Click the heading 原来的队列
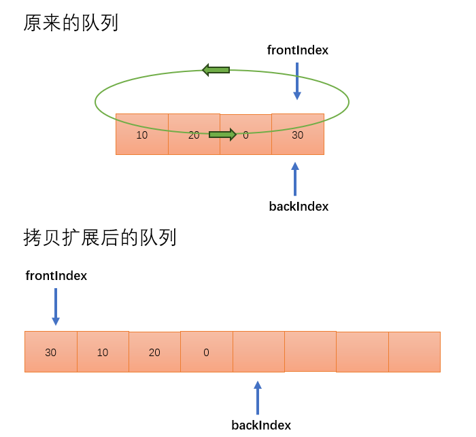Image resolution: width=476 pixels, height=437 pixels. pyautogui.click(x=71, y=23)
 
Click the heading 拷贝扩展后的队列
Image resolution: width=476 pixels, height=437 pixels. pyautogui.click(x=100, y=238)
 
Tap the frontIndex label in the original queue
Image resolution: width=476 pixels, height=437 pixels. pyautogui.click(x=297, y=50)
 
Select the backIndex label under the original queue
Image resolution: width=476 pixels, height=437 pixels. pyautogui.click(x=299, y=207)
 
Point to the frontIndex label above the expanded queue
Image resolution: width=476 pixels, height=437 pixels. pyautogui.click(x=56, y=276)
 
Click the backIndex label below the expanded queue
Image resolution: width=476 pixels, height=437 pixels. pyautogui.click(x=261, y=425)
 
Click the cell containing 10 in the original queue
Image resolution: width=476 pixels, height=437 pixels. pyautogui.click(x=142, y=135)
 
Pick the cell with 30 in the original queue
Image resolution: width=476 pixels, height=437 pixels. pyautogui.click(x=298, y=135)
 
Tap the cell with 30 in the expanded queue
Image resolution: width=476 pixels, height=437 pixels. pyautogui.click(x=51, y=352)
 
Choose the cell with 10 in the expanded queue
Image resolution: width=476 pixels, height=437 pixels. pyautogui.click(x=103, y=352)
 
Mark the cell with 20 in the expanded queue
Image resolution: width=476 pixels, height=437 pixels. pyautogui.click(x=154, y=352)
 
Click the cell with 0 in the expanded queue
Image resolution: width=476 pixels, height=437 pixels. pyautogui.click(x=207, y=352)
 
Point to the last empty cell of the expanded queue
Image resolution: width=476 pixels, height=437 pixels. pyautogui.click(x=414, y=352)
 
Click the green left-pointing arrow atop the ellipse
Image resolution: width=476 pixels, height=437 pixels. pyautogui.click(x=216, y=70)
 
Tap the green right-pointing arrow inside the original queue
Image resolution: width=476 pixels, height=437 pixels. pyautogui.click(x=222, y=135)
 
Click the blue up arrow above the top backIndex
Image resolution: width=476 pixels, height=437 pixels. pyautogui.click(x=295, y=179)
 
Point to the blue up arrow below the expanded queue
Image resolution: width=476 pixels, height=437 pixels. pyautogui.click(x=258, y=398)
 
